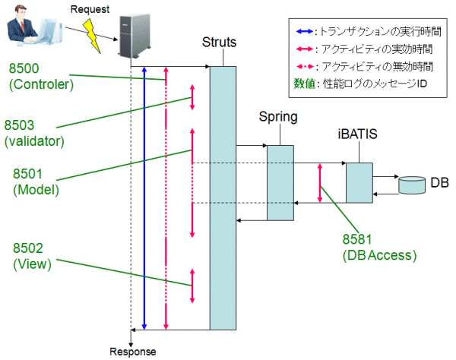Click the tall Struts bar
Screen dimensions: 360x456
[x=223, y=197]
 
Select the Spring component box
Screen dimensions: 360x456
[x=279, y=182]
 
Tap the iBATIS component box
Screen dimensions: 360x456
[x=359, y=182]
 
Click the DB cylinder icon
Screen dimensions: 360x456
[x=412, y=184]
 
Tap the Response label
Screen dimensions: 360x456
[x=133, y=352]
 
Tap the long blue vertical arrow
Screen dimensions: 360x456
[x=144, y=197]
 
